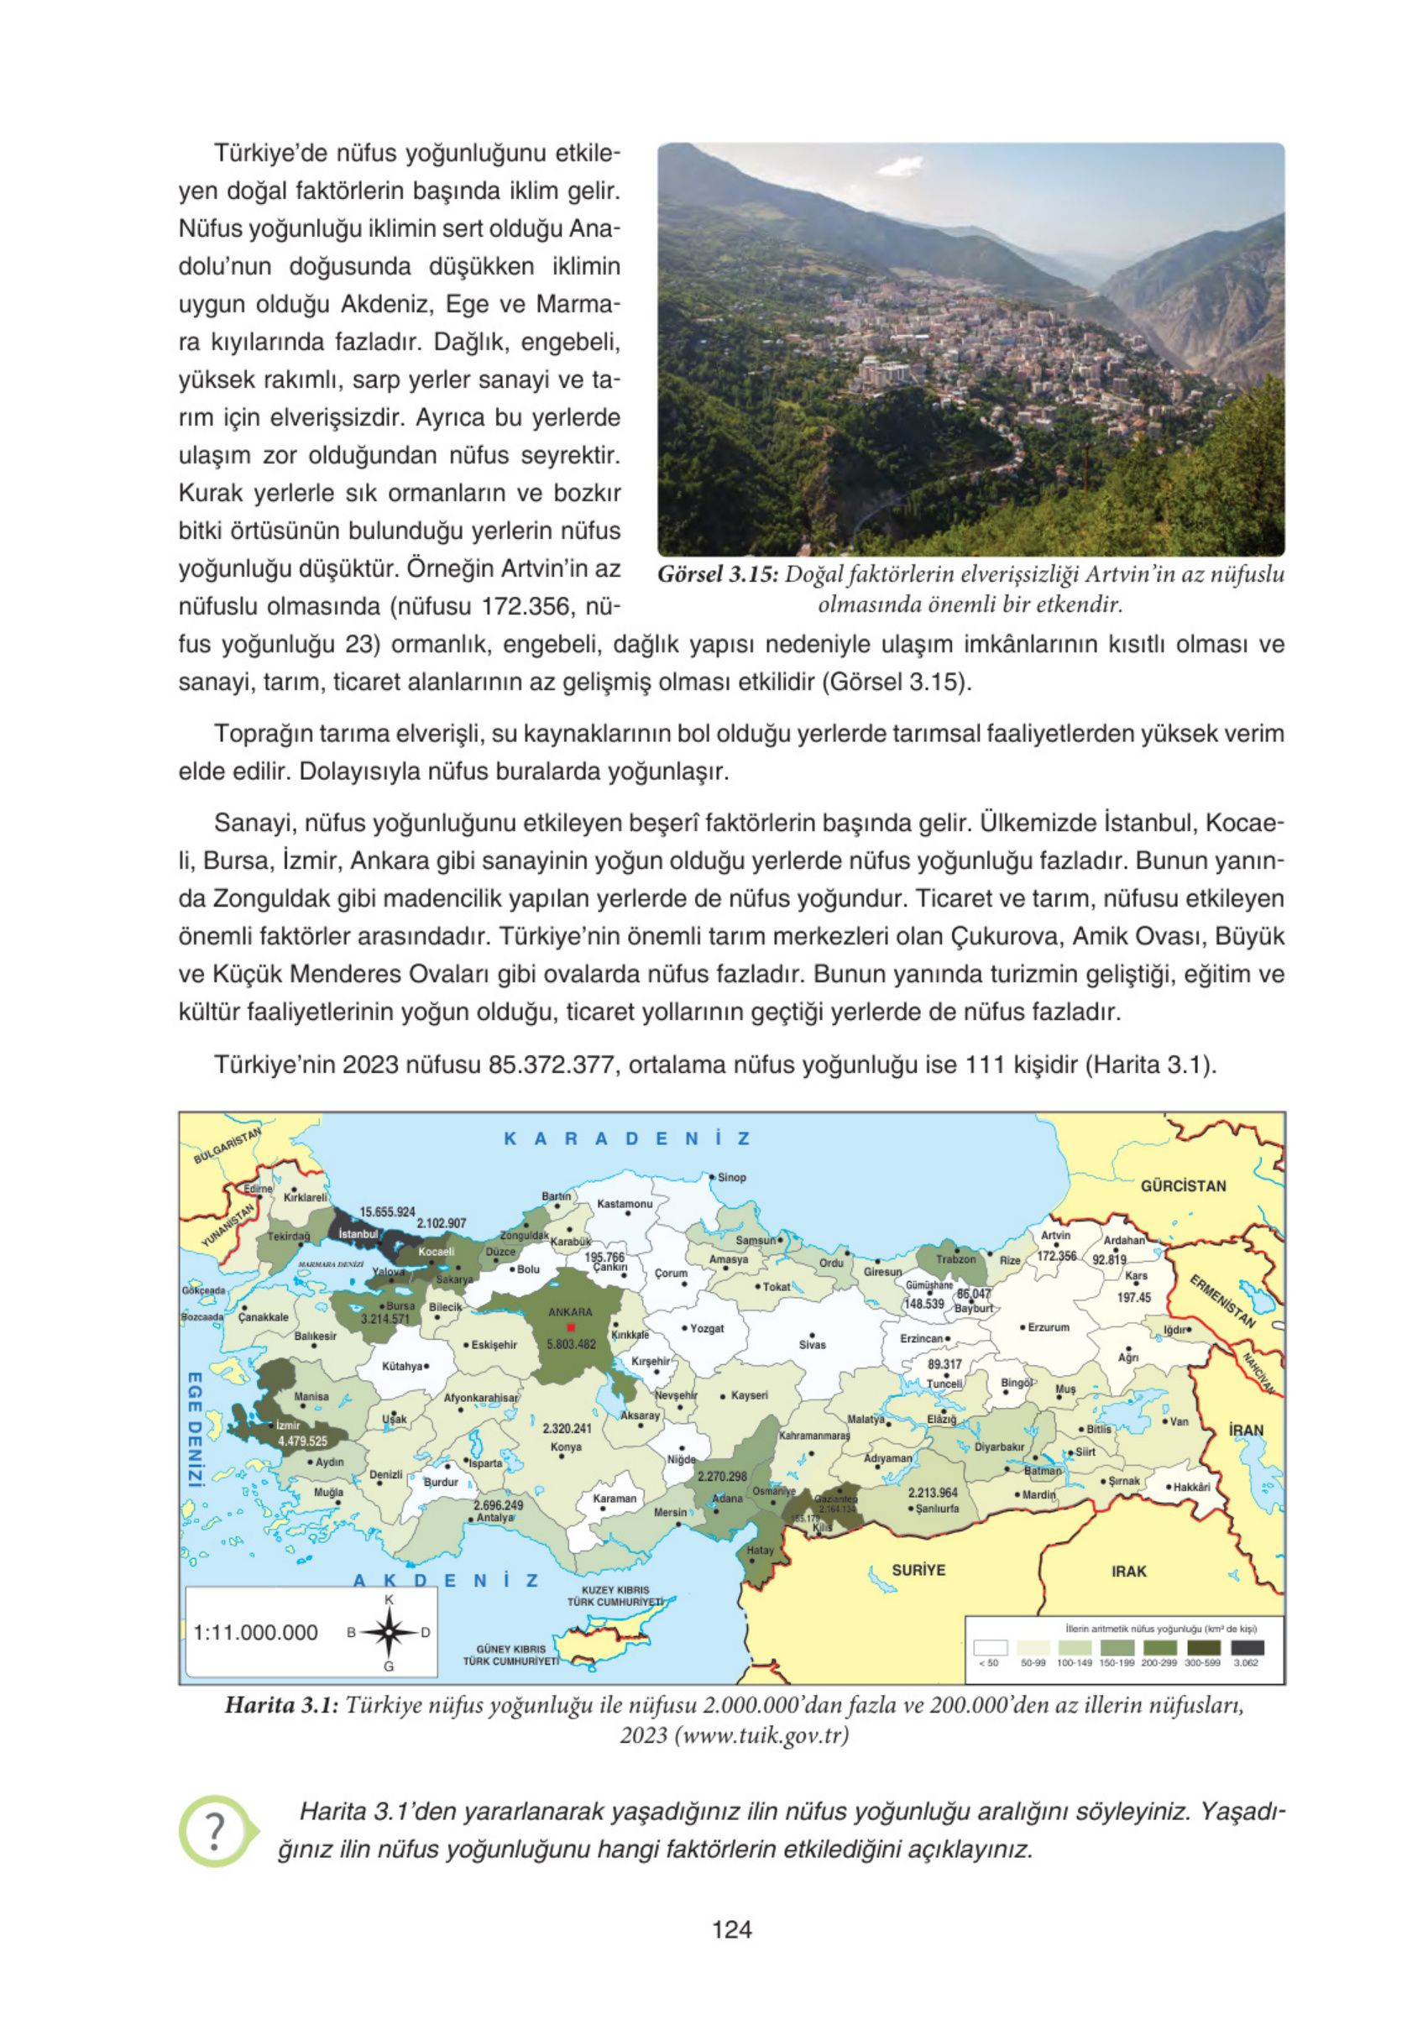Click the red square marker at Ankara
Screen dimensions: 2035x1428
pyautogui.click(x=571, y=1326)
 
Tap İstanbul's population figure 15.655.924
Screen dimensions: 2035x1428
pyautogui.click(x=387, y=1211)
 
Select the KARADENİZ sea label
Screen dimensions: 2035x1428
pyautogui.click(x=626, y=1139)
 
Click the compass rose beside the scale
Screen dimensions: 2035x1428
pyautogui.click(x=388, y=1633)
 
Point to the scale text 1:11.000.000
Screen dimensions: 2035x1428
pyautogui.click(x=255, y=1633)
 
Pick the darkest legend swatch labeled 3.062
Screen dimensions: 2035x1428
pyautogui.click(x=1248, y=1648)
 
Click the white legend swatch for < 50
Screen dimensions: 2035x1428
pyautogui.click(x=990, y=1648)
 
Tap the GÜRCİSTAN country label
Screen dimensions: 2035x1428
pyautogui.click(x=1183, y=1186)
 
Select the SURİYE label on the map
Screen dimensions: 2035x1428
pyautogui.click(x=918, y=1570)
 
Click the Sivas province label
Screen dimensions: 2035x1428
pyautogui.click(x=812, y=1345)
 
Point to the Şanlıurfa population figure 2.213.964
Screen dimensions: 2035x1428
pyautogui.click(x=933, y=1493)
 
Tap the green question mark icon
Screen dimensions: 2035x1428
pyautogui.click(x=215, y=1830)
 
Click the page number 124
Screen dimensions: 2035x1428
pyautogui.click(x=731, y=1929)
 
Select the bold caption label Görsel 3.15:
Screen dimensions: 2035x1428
pyautogui.click(x=717, y=574)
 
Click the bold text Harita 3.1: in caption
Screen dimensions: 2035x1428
pyautogui.click(x=281, y=1704)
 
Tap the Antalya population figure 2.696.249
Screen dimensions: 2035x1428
pyautogui.click(x=498, y=1505)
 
